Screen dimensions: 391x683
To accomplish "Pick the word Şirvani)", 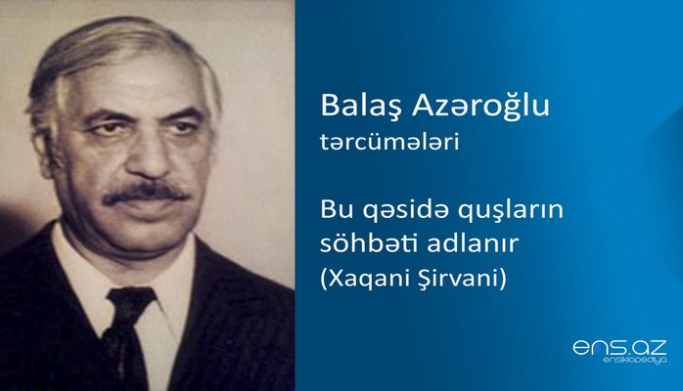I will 472,277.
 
